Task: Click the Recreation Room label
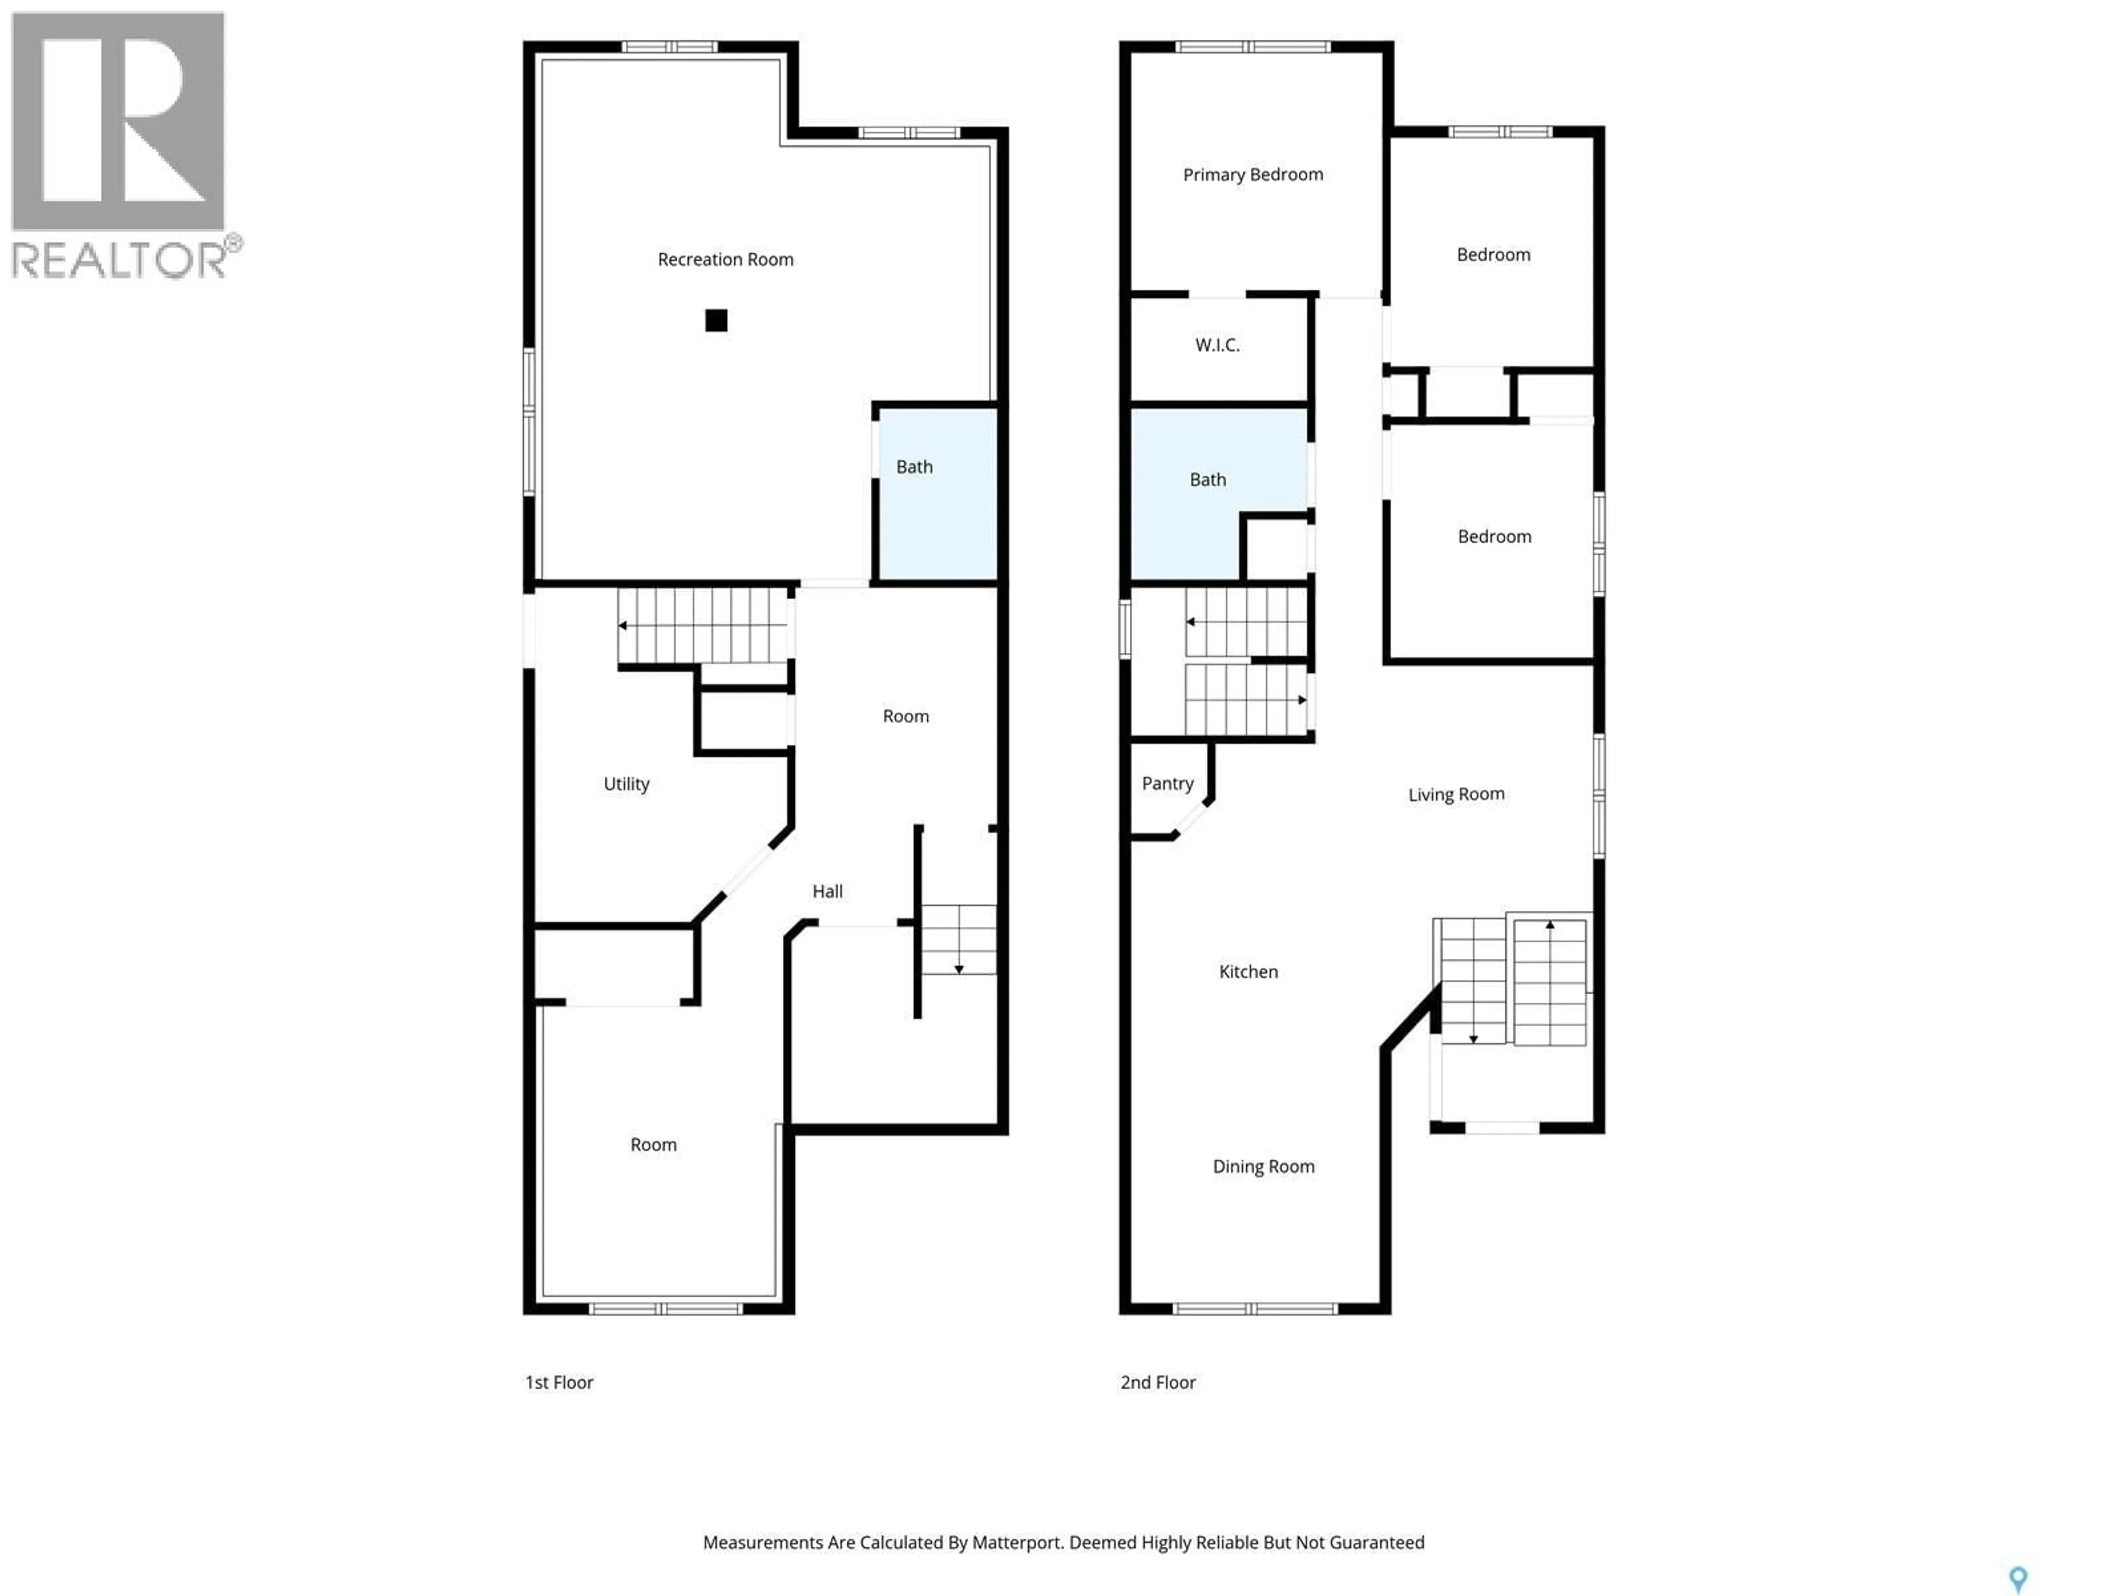pos(725,259)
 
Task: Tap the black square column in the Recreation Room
pos(716,320)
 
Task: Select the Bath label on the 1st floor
pos(913,467)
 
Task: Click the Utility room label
pos(626,784)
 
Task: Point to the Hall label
pos(827,892)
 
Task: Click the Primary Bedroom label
pos(1252,174)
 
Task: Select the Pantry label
pos(1167,783)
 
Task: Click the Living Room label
pos(1456,794)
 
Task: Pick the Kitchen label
pos(1248,971)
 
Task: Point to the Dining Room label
pos(1262,1166)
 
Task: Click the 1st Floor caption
pos(559,1383)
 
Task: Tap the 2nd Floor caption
pos(1158,1383)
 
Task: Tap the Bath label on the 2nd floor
pos(1207,479)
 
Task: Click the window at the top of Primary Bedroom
pos(1252,46)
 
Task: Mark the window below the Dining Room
pos(1255,1308)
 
